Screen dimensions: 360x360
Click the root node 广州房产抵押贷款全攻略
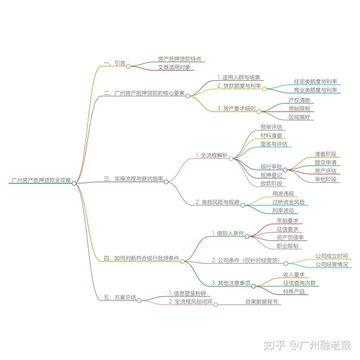click(x=41, y=180)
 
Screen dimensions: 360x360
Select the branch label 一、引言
click(x=114, y=63)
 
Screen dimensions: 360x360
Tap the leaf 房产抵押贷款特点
click(x=180, y=59)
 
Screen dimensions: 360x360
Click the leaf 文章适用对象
click(x=174, y=67)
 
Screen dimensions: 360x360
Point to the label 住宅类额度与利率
click(x=315, y=81)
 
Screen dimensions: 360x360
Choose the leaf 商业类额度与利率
click(x=315, y=90)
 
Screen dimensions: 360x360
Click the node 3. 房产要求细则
click(x=236, y=108)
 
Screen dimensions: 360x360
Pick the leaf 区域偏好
click(x=299, y=117)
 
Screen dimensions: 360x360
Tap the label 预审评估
click(x=271, y=127)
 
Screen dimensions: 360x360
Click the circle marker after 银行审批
click(x=285, y=170)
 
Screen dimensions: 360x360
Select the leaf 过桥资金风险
click(x=288, y=202)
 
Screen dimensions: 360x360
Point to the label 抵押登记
click(x=271, y=175)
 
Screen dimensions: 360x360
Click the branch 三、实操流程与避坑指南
click(x=133, y=179)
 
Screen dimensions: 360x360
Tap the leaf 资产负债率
click(x=290, y=238)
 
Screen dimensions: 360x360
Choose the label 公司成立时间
click(x=332, y=256)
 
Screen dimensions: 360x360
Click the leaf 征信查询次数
click(x=299, y=283)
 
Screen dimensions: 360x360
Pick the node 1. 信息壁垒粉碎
click(x=187, y=293)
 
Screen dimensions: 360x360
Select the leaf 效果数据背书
click(x=261, y=302)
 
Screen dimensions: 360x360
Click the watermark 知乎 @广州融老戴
click(x=307, y=345)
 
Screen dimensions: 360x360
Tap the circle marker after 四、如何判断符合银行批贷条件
click(x=182, y=261)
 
